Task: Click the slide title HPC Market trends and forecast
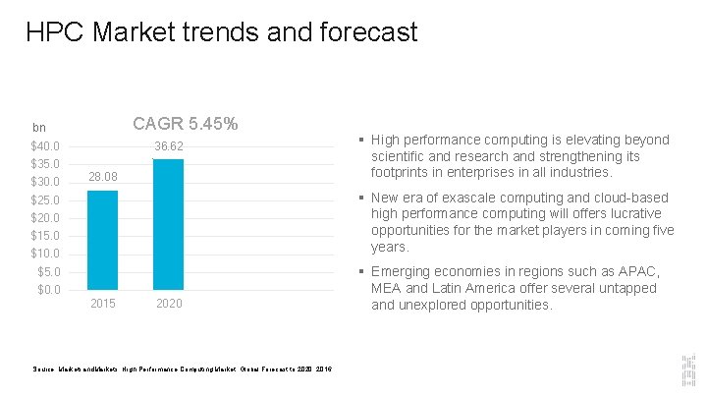pos(222,32)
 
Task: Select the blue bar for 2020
pos(169,223)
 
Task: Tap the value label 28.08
pos(102,177)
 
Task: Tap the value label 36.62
pos(169,146)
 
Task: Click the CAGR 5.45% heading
pos(185,125)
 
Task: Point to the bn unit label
pos(39,128)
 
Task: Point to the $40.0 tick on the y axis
pos(46,146)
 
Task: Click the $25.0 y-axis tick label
pos(46,200)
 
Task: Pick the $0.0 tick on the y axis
pos(49,290)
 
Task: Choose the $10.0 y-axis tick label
pos(46,254)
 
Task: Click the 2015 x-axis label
pos(102,304)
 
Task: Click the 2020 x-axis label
pos(169,304)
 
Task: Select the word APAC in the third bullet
pos(638,271)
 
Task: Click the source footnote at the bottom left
pos(182,369)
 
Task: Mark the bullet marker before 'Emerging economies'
pos(363,271)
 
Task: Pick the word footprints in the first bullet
pos(402,173)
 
